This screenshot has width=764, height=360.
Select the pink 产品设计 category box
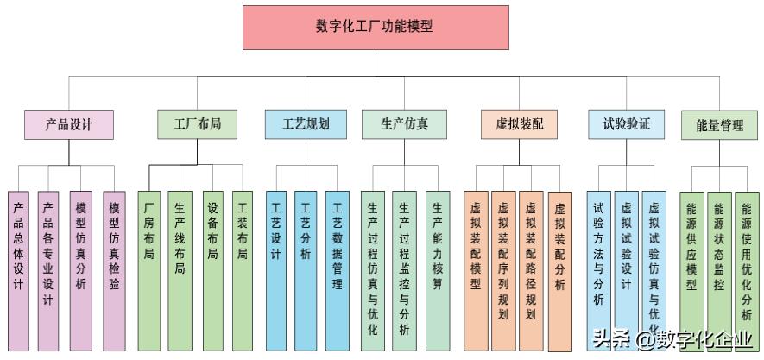coord(69,124)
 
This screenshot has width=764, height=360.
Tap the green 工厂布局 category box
coord(198,124)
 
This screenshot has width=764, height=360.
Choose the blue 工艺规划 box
coord(306,124)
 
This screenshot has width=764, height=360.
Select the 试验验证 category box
coord(626,124)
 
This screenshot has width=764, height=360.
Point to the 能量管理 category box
coord(719,125)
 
